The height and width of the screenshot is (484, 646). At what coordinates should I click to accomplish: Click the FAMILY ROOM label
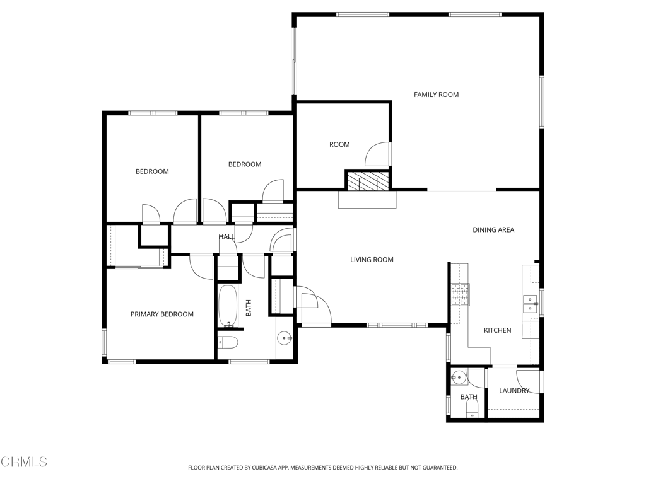(436, 95)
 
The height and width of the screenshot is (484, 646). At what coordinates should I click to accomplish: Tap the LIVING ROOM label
(372, 260)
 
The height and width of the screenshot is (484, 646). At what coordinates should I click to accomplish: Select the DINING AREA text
(493, 230)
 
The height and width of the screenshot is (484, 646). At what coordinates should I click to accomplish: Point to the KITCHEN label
(497, 330)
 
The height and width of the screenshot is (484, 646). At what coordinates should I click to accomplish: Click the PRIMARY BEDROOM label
(162, 314)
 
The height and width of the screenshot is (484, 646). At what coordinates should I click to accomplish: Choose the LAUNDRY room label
(514, 391)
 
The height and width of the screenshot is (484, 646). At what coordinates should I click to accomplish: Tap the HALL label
(226, 237)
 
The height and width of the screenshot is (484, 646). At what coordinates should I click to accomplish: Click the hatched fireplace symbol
(368, 181)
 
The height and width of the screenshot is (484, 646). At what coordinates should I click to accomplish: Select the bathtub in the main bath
(228, 306)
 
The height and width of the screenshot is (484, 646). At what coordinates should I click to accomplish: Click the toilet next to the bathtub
(228, 342)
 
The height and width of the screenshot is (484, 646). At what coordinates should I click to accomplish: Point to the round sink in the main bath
(285, 338)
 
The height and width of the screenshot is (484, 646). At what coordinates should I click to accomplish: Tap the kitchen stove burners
(460, 295)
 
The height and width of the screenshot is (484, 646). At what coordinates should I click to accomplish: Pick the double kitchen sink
(530, 304)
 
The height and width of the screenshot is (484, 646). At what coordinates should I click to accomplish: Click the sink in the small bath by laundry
(458, 377)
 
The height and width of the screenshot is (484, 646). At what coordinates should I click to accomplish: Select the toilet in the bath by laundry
(472, 408)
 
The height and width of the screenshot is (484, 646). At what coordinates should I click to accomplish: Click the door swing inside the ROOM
(377, 154)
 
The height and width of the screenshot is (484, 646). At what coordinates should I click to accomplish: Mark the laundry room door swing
(528, 383)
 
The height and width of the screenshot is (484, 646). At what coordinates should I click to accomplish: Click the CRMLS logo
(24, 462)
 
